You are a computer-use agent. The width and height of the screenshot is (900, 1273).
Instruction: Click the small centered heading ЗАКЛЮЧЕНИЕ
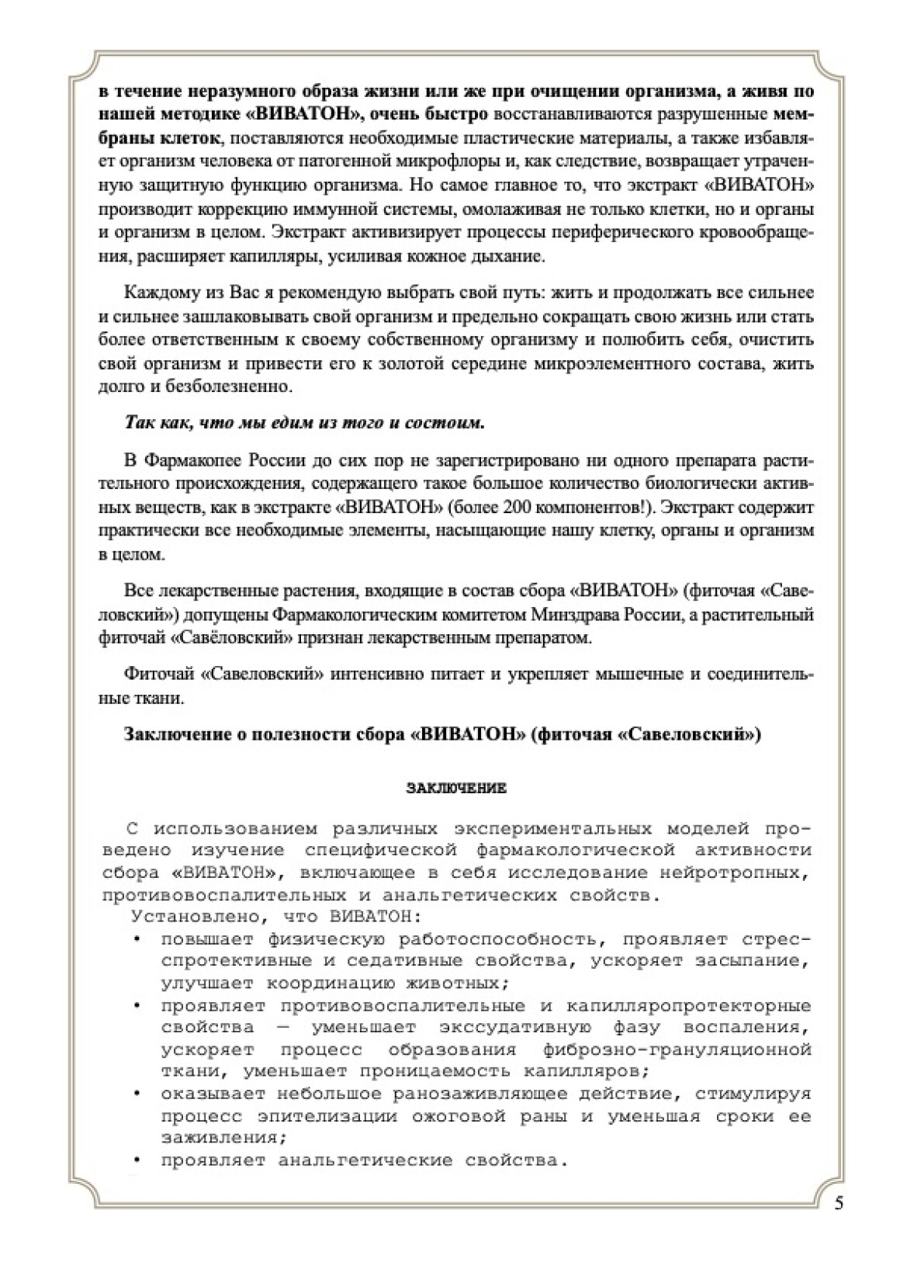(456, 789)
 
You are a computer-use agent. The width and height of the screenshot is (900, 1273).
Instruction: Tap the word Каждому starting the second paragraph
(161, 293)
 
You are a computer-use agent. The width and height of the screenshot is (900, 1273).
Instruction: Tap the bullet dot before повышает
(137, 939)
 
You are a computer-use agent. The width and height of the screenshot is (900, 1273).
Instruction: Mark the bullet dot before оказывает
(137, 1094)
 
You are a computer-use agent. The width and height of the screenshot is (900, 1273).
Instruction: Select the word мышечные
(639, 674)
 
